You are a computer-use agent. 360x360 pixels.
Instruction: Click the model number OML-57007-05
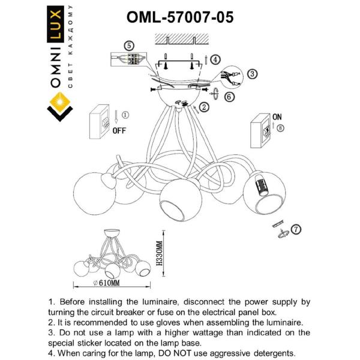pyautogui.click(x=180, y=17)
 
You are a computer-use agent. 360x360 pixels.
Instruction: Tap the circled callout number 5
pyautogui.click(x=128, y=46)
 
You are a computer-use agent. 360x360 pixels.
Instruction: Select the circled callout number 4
pyautogui.click(x=215, y=58)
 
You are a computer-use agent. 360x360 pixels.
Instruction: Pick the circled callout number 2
pyautogui.click(x=204, y=107)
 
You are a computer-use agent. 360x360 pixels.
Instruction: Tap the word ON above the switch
pyautogui.click(x=277, y=117)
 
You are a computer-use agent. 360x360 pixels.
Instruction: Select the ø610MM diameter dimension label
pyautogui.click(x=108, y=282)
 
